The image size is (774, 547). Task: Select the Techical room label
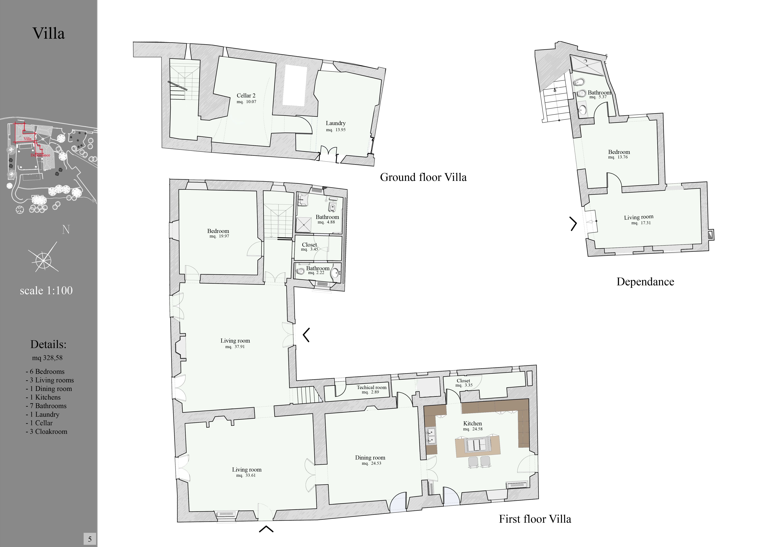[371, 387]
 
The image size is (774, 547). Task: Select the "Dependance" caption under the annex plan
[645, 282]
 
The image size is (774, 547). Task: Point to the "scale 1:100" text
[46, 290]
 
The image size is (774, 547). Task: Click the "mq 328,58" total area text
[47, 358]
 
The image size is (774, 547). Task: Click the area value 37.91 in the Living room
[240, 347]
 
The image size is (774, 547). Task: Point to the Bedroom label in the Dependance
[619, 152]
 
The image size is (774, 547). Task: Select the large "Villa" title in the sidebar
[49, 33]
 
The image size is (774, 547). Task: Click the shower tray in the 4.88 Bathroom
[304, 224]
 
